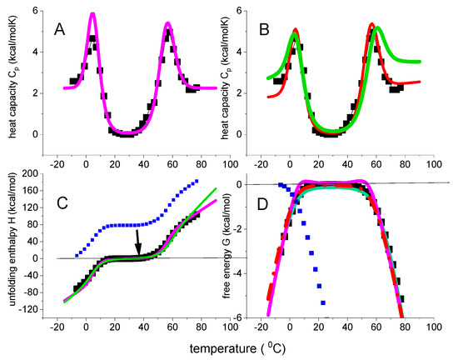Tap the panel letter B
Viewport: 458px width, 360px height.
click(x=280, y=27)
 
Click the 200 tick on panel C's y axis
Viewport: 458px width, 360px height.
click(x=39, y=173)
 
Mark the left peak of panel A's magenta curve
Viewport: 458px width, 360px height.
click(x=92, y=13)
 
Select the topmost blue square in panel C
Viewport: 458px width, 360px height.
click(x=197, y=181)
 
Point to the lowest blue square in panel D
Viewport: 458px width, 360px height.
click(x=322, y=302)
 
